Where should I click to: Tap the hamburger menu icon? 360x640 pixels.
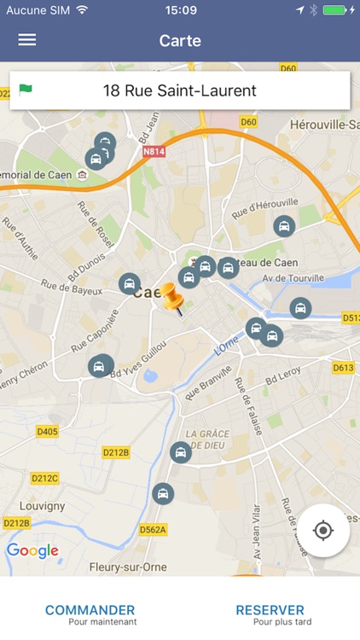click(x=27, y=40)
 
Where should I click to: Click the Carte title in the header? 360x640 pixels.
click(x=180, y=40)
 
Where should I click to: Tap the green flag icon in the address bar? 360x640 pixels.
click(x=26, y=90)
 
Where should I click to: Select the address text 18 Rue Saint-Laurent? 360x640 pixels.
click(x=179, y=90)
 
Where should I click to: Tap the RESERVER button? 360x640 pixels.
click(x=270, y=614)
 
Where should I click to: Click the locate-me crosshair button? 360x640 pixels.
click(x=323, y=531)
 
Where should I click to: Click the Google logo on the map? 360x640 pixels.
click(x=32, y=550)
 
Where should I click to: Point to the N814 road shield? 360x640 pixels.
click(x=154, y=152)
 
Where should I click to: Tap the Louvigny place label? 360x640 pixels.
click(x=41, y=505)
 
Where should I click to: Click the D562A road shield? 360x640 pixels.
click(x=153, y=529)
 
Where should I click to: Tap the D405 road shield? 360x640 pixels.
click(x=47, y=432)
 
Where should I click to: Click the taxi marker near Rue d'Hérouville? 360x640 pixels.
click(x=284, y=226)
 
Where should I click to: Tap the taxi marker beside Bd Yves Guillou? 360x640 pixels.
click(x=100, y=366)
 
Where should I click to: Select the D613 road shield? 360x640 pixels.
click(x=343, y=368)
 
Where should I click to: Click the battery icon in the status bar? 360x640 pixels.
click(x=334, y=10)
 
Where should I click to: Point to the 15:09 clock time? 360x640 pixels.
click(x=181, y=10)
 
